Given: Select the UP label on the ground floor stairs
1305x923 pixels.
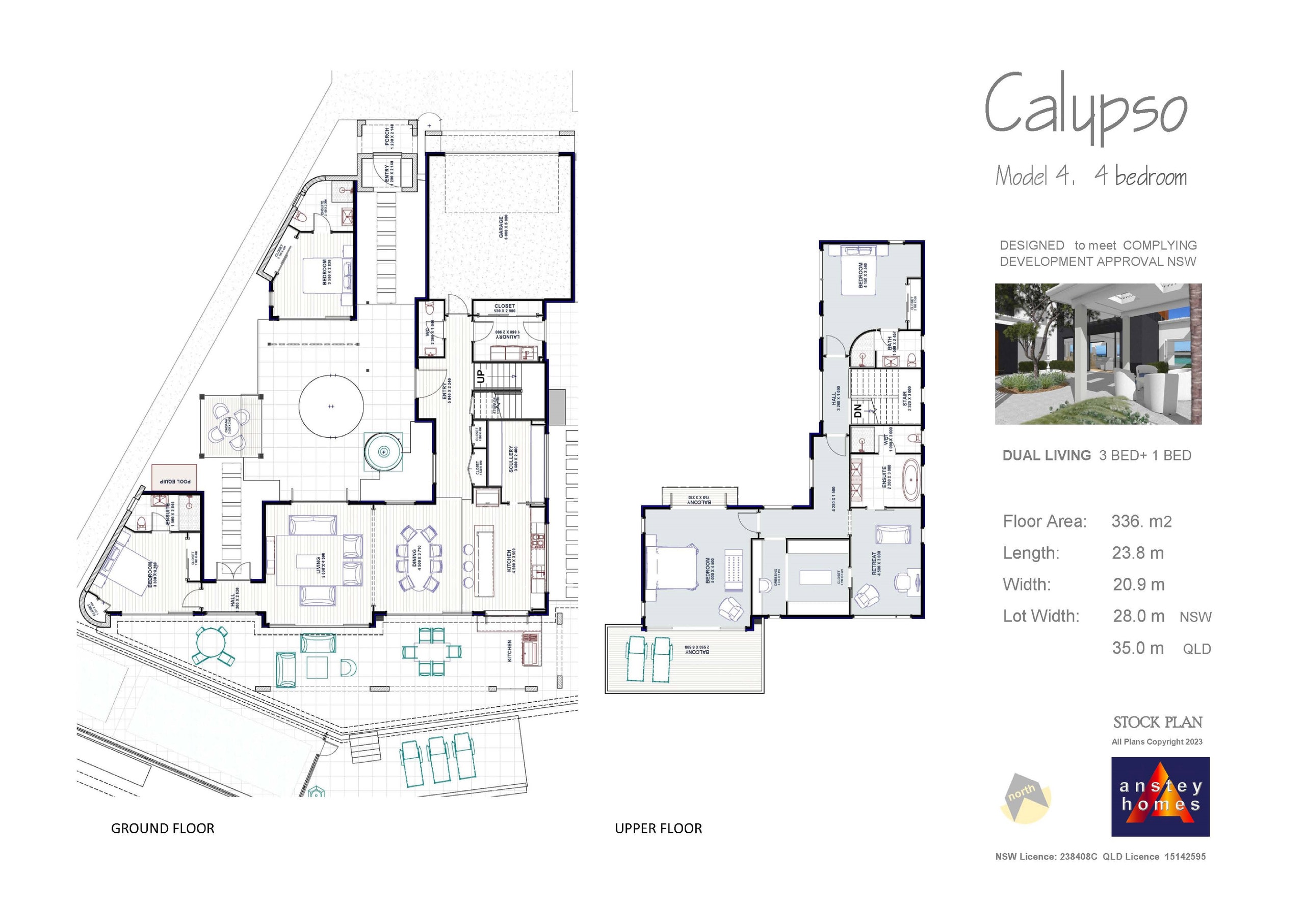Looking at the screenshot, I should [481, 376].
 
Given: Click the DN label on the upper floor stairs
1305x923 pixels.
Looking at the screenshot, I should [858, 410].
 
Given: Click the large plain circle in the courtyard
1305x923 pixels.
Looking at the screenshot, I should [331, 406].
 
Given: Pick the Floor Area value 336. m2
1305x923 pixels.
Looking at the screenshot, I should [1141, 522].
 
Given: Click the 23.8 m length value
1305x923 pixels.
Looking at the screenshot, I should [1137, 553].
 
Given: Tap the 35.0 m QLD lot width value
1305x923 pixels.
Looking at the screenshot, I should [1138, 648].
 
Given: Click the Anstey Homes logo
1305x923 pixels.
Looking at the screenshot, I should [1160, 796].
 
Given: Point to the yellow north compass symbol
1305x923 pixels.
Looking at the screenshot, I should [1025, 798].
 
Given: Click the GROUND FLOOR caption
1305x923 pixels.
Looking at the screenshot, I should [163, 829].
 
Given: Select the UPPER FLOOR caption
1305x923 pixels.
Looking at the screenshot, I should [658, 829].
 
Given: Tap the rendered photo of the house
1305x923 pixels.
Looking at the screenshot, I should [1098, 354].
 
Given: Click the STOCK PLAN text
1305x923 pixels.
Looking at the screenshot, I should [1157, 722].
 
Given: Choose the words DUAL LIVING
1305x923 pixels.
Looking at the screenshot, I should [1046, 455].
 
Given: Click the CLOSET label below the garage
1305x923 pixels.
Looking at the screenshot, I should [504, 306].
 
